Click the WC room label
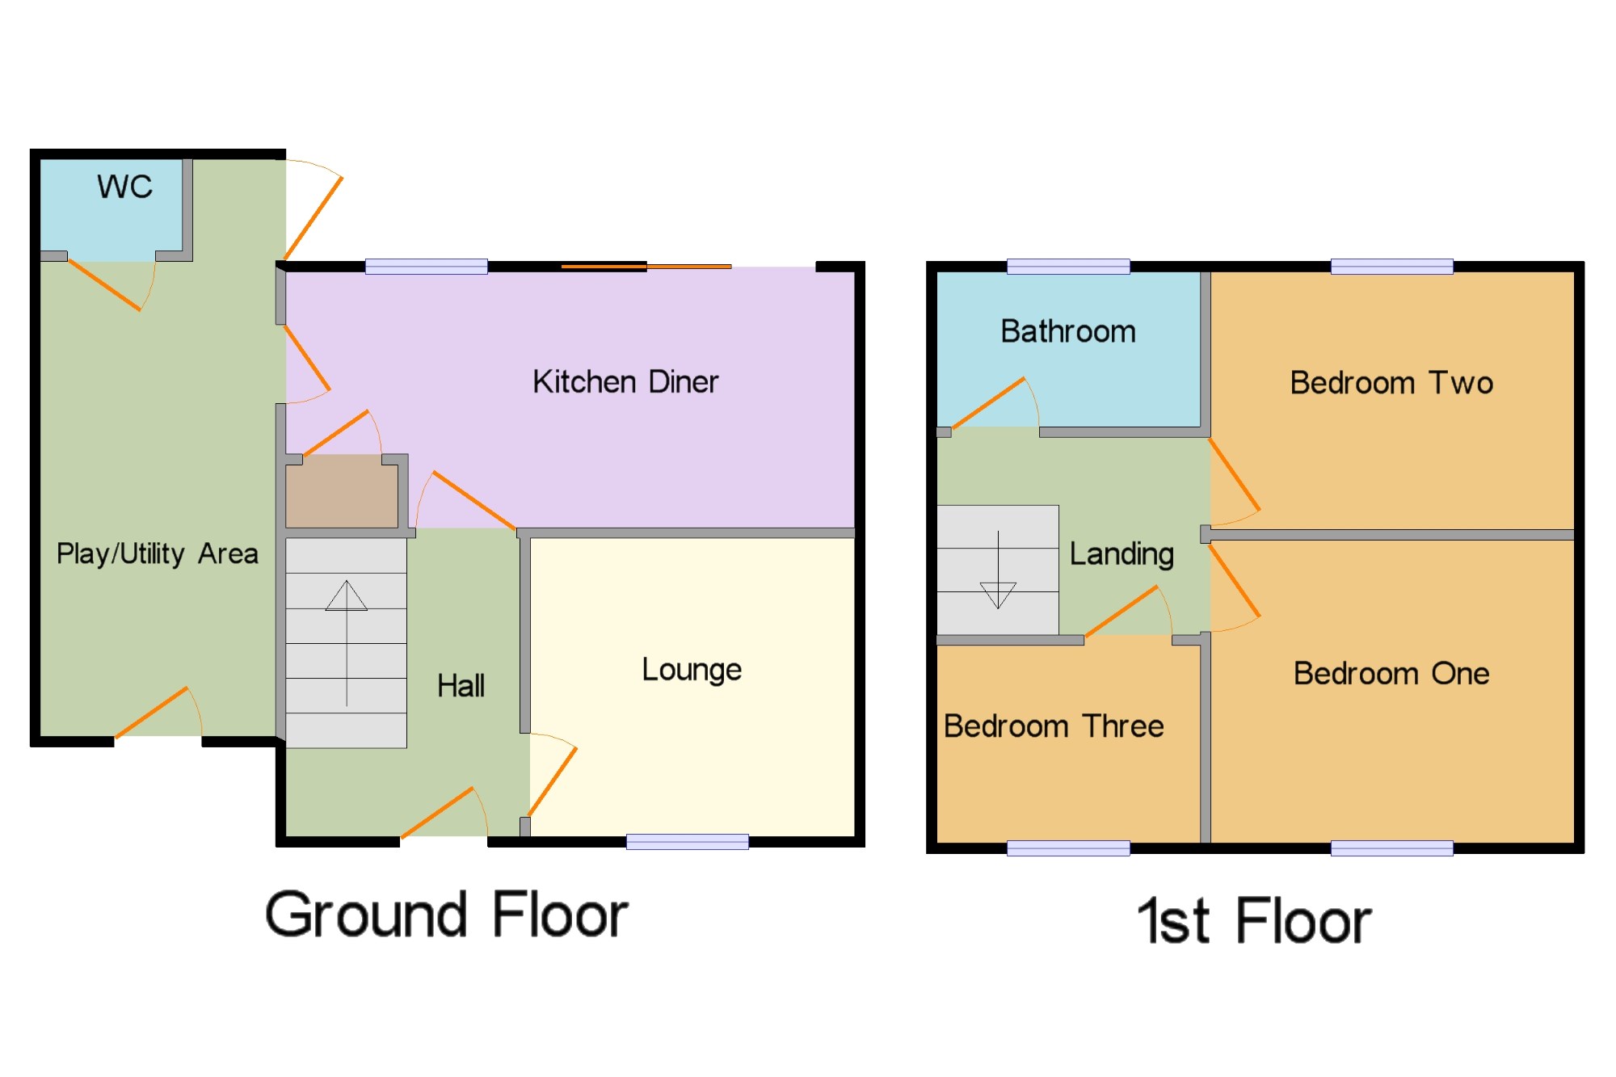(x=124, y=187)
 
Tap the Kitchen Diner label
(x=625, y=381)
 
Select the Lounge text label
(x=692, y=670)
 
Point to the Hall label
(x=461, y=685)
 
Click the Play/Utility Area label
(x=158, y=553)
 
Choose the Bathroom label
(x=1068, y=331)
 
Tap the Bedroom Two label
(x=1391, y=382)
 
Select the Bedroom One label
(x=1391, y=673)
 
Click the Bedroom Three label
(x=1054, y=726)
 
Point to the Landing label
(x=1122, y=554)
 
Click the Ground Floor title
(x=447, y=915)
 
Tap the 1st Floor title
(x=1254, y=920)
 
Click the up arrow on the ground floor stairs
(x=347, y=643)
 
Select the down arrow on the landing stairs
(x=998, y=570)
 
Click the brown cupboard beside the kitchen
(x=342, y=491)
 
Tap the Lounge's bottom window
(x=688, y=842)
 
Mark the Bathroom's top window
(x=1068, y=267)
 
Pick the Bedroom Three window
(x=1068, y=848)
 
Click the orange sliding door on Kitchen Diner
(x=646, y=266)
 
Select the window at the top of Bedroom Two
(x=1391, y=267)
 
